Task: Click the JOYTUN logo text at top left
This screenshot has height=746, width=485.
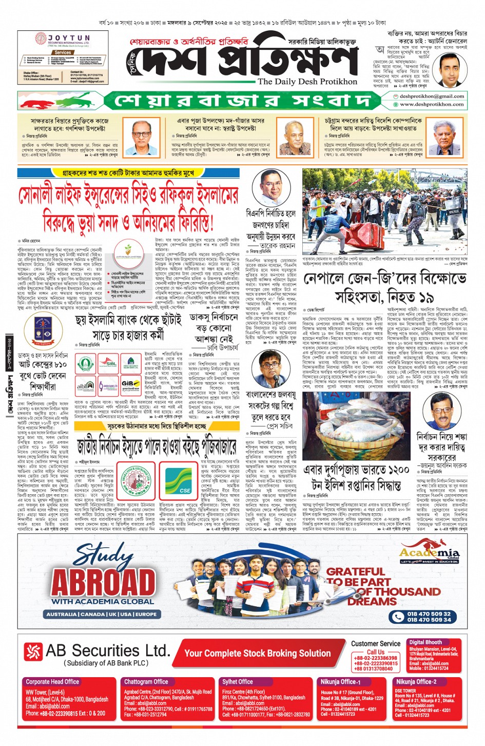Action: pyautogui.click(x=68, y=39)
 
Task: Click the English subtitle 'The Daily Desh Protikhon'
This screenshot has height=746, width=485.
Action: pyautogui.click(x=307, y=82)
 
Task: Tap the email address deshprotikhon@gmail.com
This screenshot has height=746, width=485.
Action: pyautogui.click(x=432, y=96)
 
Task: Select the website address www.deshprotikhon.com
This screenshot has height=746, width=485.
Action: pyautogui.click(x=432, y=104)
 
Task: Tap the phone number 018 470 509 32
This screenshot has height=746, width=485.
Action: pyautogui.click(x=429, y=613)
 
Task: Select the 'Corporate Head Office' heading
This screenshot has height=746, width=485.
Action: pyautogui.click(x=52, y=681)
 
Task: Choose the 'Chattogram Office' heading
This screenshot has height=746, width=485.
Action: pyautogui.click(x=146, y=681)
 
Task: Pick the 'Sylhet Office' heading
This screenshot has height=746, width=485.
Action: pyautogui.click(x=238, y=681)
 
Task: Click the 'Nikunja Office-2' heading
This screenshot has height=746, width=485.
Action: pyautogui.click(x=416, y=681)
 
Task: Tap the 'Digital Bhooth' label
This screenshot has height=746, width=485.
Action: pyautogui.click(x=425, y=642)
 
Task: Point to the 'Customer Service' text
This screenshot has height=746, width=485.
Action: pyautogui.click(x=376, y=643)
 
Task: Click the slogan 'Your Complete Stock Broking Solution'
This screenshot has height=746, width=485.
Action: pyautogui.click(x=258, y=653)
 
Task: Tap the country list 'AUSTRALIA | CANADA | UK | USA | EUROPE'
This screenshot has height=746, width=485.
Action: pyautogui.click(x=102, y=614)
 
